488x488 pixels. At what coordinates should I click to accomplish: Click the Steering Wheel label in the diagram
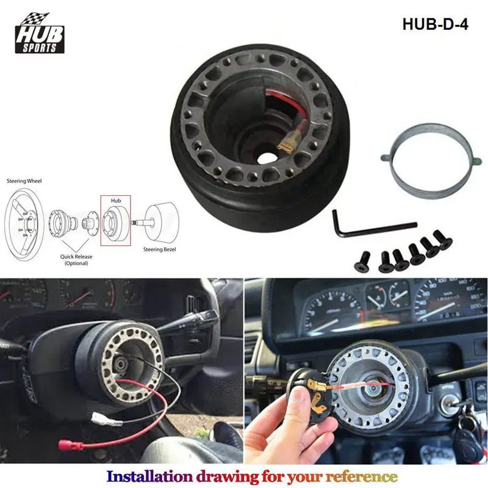[x=24, y=181]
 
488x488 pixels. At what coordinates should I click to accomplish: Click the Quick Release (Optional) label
[x=76, y=260]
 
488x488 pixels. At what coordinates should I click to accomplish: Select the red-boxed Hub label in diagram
[x=115, y=199]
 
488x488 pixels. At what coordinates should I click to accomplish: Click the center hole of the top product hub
[x=267, y=156]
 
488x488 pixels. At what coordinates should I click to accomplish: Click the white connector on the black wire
[x=101, y=419]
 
